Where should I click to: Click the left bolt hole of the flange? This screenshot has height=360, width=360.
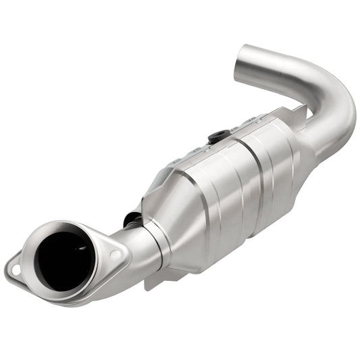tap(15, 270)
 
